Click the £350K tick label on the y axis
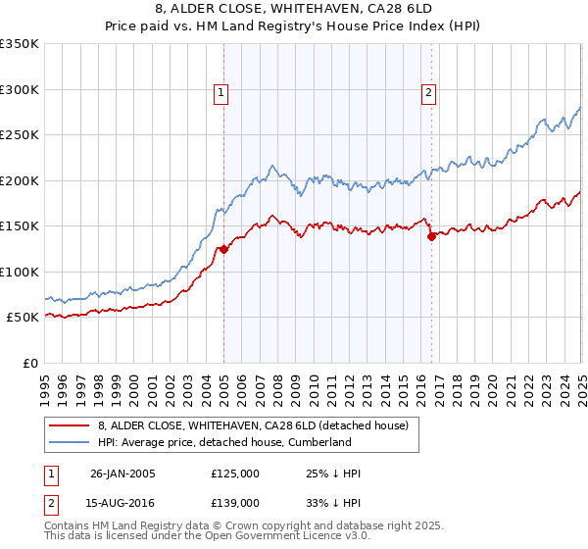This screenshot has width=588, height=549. point(20,44)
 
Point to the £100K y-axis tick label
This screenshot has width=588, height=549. point(20,272)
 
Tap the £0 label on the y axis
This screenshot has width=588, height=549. point(31,363)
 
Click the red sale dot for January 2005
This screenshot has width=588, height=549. point(224,249)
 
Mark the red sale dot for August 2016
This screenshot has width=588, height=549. point(431,236)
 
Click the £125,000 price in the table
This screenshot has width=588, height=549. point(235,474)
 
